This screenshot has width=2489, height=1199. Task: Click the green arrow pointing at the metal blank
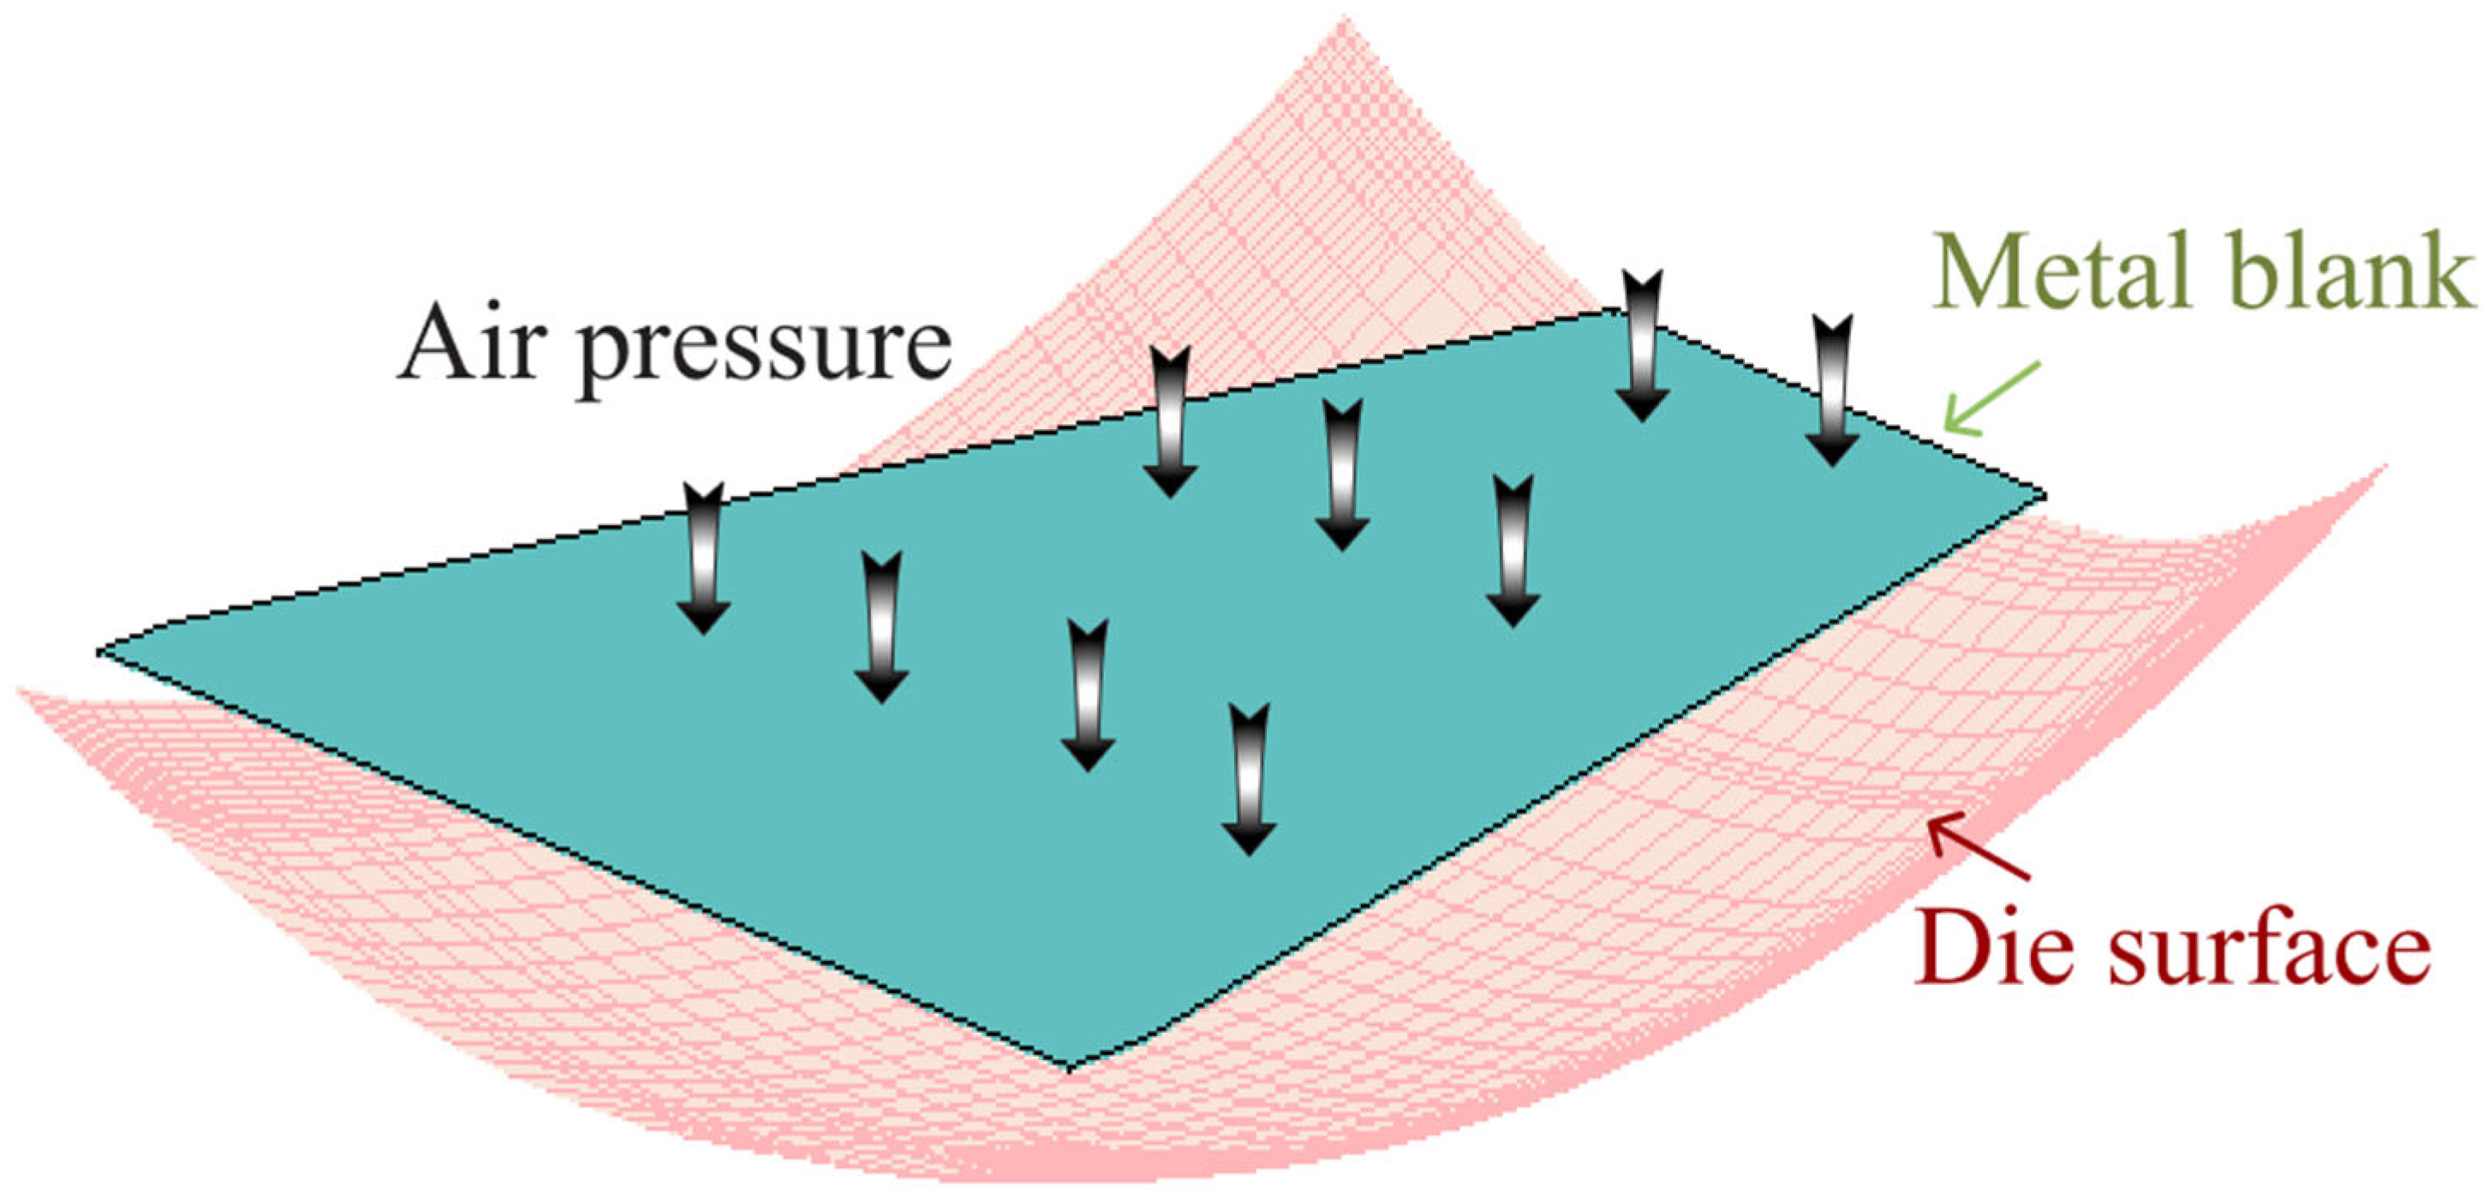1990,400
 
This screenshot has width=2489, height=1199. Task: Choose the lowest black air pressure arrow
1249,778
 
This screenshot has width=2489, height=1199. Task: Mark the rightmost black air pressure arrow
1832,391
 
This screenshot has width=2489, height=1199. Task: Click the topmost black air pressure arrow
1643,346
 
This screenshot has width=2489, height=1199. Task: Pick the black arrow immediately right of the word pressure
1170,422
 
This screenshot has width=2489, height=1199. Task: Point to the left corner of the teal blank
100,652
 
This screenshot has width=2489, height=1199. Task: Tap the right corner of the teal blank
2043,496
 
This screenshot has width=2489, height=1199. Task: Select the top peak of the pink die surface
1343,21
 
